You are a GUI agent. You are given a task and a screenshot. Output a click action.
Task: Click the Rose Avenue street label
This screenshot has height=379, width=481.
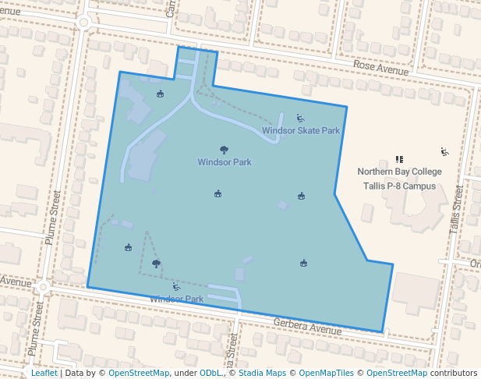(380, 69)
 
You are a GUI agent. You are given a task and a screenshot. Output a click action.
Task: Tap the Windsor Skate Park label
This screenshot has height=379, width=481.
(301, 131)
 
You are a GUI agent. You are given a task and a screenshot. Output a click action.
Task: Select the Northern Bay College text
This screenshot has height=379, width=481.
(399, 172)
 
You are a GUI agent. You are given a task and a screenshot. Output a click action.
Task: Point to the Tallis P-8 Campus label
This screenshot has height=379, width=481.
(399, 186)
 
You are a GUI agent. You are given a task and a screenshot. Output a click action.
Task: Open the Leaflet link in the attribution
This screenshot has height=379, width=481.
(44, 373)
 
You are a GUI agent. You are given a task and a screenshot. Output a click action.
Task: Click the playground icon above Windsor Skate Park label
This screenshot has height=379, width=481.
(300, 119)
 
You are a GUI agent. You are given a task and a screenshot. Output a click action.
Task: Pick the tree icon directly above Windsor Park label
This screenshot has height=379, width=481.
(225, 150)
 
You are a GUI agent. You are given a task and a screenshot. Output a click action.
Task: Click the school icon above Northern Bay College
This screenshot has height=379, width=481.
(399, 158)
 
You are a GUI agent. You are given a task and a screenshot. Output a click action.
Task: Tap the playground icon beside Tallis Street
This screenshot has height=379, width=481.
(444, 151)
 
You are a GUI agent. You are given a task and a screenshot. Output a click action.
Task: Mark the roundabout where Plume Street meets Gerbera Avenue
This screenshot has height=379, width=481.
(44, 287)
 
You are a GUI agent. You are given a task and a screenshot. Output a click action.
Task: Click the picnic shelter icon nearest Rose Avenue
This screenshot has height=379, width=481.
(161, 94)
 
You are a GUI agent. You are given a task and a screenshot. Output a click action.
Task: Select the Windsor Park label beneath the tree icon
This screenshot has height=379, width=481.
(225, 162)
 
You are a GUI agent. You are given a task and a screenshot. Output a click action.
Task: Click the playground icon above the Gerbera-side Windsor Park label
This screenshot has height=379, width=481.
(176, 287)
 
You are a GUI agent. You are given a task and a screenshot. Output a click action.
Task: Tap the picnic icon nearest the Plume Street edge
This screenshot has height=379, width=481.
(128, 248)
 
